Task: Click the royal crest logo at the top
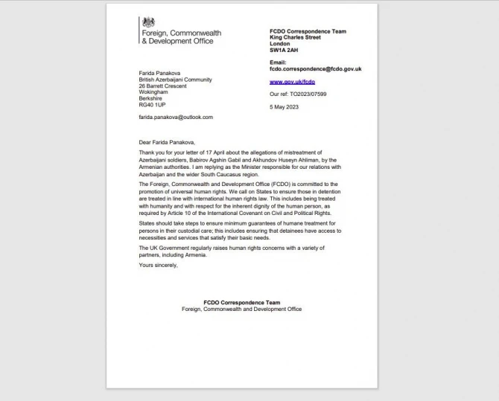[x=146, y=22]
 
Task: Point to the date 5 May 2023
[x=285, y=107]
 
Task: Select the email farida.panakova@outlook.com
[x=175, y=117]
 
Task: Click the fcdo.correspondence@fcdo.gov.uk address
[x=315, y=68]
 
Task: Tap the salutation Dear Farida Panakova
[x=171, y=141]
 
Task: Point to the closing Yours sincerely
[x=158, y=264]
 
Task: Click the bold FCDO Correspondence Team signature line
[x=241, y=302]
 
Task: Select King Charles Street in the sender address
[x=297, y=37]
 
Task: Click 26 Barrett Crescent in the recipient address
[x=165, y=86]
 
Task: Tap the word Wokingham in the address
[x=154, y=92]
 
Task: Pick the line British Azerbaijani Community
[x=175, y=80]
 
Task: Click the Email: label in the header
[x=278, y=62]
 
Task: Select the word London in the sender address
[x=280, y=43]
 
